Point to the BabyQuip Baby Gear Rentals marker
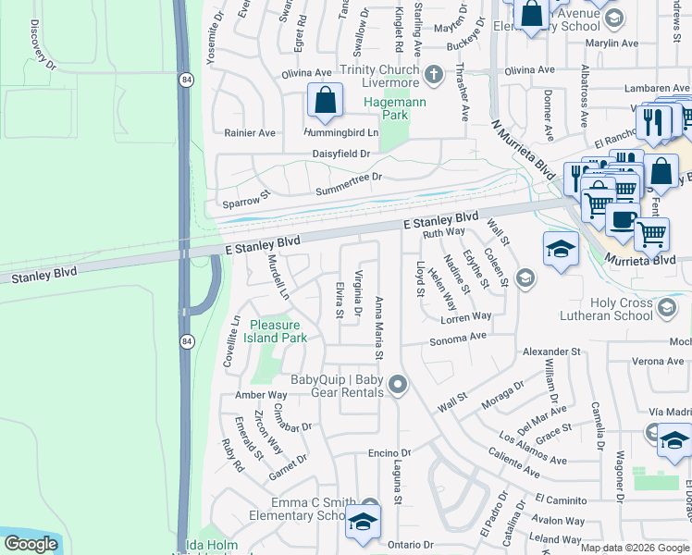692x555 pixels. pyautogui.click(x=398, y=383)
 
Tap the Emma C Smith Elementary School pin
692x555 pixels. pyautogui.click(x=364, y=522)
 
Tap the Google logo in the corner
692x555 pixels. pyautogui.click(x=31, y=545)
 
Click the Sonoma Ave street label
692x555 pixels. pyautogui.click(x=457, y=339)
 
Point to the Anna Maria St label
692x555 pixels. pyautogui.click(x=379, y=327)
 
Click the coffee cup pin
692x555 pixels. pyautogui.click(x=622, y=222)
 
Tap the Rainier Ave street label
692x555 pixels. pyautogui.click(x=250, y=132)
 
